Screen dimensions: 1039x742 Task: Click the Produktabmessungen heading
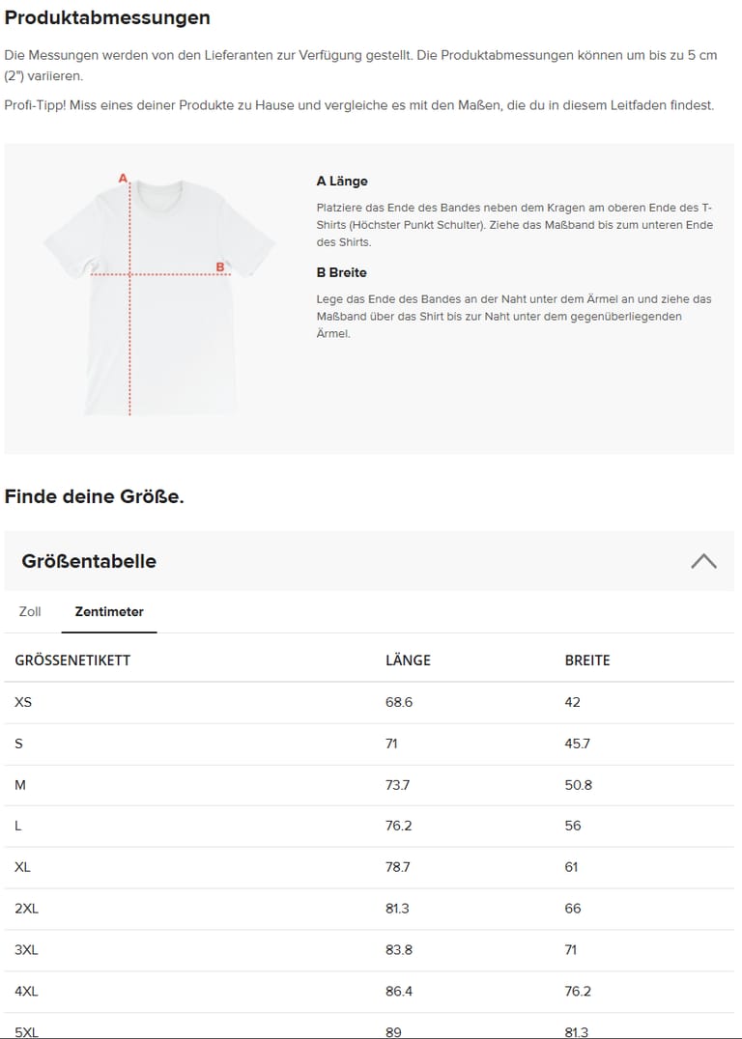[107, 18]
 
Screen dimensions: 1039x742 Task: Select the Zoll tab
[30, 612]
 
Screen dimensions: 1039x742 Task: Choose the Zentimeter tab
[109, 612]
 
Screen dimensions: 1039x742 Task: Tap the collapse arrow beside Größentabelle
[703, 561]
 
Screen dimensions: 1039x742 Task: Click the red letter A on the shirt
[123, 179]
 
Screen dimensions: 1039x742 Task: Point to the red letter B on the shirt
[219, 267]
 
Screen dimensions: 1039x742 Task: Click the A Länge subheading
[342, 182]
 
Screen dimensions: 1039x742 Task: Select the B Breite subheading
[341, 272]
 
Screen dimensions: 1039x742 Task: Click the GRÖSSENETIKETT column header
[72, 660]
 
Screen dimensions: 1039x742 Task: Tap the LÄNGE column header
[408, 660]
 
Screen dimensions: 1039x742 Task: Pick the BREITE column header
[587, 660]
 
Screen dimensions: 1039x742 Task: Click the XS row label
[23, 702]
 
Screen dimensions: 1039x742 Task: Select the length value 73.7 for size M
[397, 785]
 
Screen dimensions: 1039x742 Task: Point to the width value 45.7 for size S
[577, 744]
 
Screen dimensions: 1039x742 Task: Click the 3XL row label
[26, 950]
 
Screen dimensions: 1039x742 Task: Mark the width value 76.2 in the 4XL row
[578, 992]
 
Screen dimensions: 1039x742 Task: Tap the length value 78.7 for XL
[397, 867]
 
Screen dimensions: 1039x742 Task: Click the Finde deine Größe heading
[94, 497]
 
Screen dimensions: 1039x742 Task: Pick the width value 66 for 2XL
[572, 909]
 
